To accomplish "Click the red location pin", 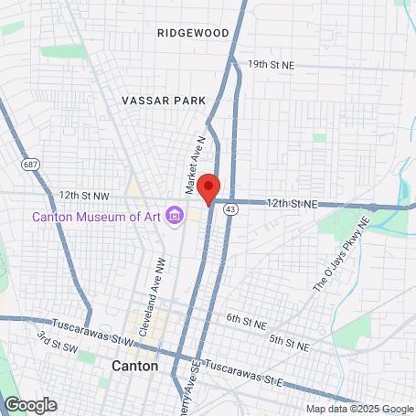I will tap(208, 187).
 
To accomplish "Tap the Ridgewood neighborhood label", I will tap(193, 32).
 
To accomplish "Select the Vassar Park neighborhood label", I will tap(161, 99).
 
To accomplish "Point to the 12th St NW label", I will tap(84, 196).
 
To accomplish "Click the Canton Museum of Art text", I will tap(96, 217).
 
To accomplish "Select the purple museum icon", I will tap(175, 216).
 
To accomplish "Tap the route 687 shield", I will tap(31, 164).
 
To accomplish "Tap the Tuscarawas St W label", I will tap(92, 325).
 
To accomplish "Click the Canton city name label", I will tap(134, 366).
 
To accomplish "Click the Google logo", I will tap(30, 404).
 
